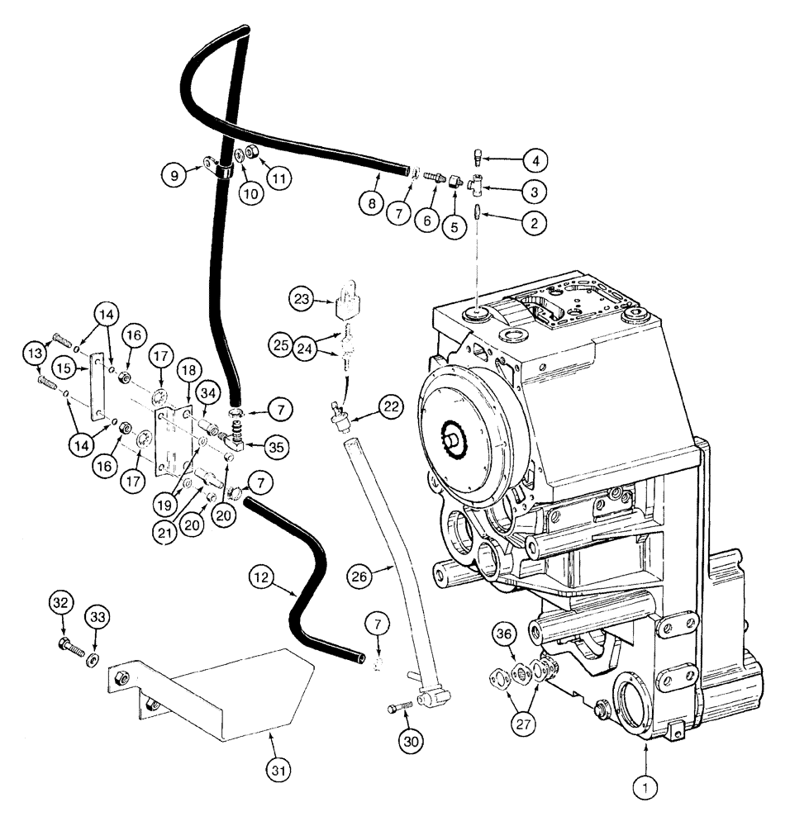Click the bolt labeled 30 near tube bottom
pyautogui.click(x=399, y=708)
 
